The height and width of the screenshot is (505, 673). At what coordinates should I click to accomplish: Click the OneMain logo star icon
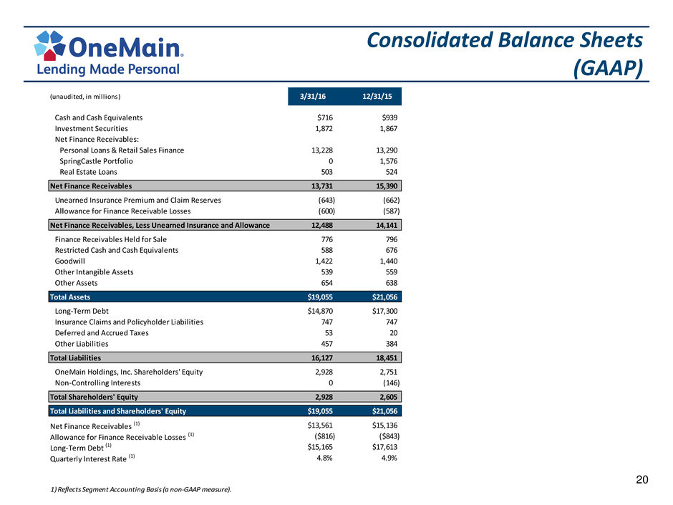click(x=50, y=45)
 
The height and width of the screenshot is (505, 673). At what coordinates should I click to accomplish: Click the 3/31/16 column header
click(x=312, y=96)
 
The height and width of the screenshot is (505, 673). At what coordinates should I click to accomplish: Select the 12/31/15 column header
click(x=377, y=96)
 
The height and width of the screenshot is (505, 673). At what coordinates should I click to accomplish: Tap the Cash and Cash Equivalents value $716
click(x=325, y=117)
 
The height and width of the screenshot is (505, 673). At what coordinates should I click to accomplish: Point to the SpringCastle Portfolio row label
click(x=96, y=161)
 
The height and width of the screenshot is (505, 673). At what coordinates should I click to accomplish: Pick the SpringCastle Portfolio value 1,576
click(x=389, y=161)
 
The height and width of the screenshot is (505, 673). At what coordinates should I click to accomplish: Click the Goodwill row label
click(x=70, y=261)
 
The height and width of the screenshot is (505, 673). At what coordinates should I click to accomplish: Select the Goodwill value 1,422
click(x=324, y=261)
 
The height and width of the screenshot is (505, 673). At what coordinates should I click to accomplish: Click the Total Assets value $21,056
click(x=384, y=297)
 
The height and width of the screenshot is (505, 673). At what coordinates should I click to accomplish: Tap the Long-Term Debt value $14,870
click(x=320, y=311)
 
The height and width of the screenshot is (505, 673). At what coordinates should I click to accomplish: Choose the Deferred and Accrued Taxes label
click(x=102, y=333)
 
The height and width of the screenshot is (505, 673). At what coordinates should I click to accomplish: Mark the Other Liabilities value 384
click(x=391, y=344)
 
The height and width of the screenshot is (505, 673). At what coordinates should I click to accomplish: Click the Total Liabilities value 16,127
click(x=322, y=357)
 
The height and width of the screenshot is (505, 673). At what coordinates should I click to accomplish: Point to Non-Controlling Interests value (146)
click(x=391, y=383)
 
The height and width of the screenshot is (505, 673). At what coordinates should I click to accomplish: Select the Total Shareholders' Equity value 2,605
click(x=389, y=397)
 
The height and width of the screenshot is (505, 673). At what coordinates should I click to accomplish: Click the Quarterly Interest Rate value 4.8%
click(x=324, y=458)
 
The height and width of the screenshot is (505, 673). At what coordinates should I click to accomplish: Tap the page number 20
click(x=642, y=480)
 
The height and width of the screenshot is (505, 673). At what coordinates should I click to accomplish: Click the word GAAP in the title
click(x=608, y=67)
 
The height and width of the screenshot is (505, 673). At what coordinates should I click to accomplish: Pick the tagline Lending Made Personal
click(x=108, y=69)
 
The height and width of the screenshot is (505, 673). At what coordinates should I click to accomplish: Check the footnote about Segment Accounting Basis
click(x=141, y=489)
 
